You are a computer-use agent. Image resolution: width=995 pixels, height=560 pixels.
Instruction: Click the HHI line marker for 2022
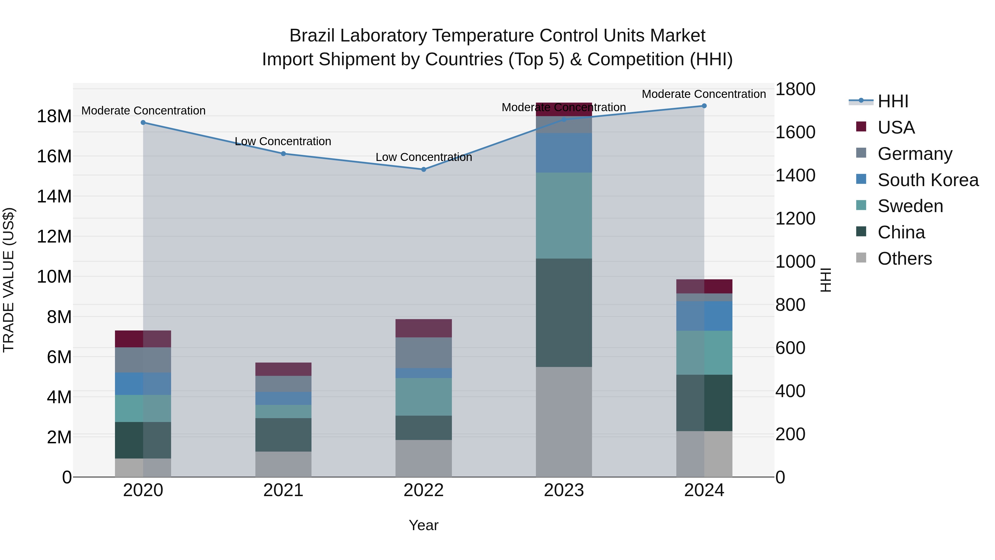pyautogui.click(x=423, y=169)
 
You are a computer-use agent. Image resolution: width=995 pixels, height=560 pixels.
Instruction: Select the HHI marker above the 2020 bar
pyautogui.click(x=143, y=123)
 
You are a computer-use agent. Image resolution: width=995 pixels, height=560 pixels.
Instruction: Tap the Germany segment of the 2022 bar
pyautogui.click(x=423, y=353)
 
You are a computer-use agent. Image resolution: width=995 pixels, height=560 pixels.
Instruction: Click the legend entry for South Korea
pyautogui.click(x=928, y=180)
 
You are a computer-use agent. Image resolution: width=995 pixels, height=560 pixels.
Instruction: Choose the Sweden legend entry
pyautogui.click(x=910, y=206)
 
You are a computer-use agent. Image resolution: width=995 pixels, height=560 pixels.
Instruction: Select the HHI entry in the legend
pyautogui.click(x=893, y=101)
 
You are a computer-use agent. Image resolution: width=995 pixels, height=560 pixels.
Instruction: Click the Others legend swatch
pyautogui.click(x=861, y=258)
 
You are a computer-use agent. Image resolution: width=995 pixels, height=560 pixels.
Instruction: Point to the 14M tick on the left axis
pyautogui.click(x=54, y=196)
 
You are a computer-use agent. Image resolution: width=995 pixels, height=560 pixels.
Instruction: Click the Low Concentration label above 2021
pyautogui.click(x=283, y=141)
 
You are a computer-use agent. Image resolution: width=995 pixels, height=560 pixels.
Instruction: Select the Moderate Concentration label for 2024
pyautogui.click(x=703, y=94)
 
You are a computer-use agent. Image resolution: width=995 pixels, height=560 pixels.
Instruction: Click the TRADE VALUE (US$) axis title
pyautogui.click(x=9, y=280)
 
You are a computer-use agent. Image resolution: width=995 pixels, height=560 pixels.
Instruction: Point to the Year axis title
pyautogui.click(x=423, y=525)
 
